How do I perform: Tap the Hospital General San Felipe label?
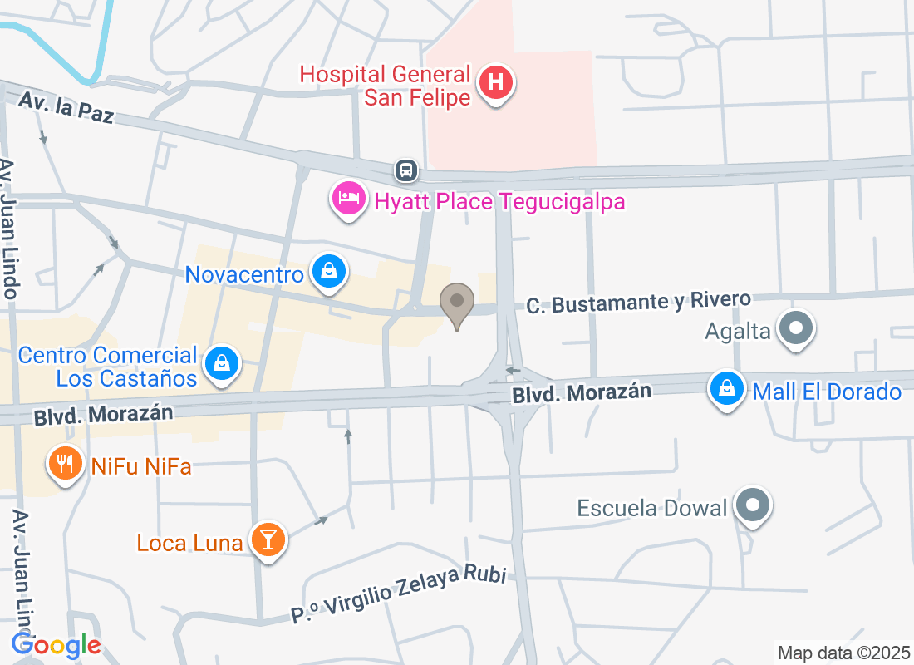click(x=386, y=86)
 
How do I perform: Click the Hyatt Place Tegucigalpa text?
click(x=499, y=202)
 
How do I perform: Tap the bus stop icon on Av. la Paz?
click(x=406, y=170)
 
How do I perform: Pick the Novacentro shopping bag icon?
click(x=330, y=271)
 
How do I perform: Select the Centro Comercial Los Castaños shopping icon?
click(x=222, y=363)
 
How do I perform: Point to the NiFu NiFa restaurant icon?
click(x=65, y=463)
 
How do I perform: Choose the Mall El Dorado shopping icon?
click(x=727, y=388)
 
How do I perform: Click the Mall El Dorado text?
click(x=827, y=392)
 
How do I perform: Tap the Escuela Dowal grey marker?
click(x=754, y=505)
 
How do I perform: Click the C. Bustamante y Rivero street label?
click(x=638, y=303)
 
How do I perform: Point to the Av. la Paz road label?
click(x=66, y=108)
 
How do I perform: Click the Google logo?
click(x=56, y=644)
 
